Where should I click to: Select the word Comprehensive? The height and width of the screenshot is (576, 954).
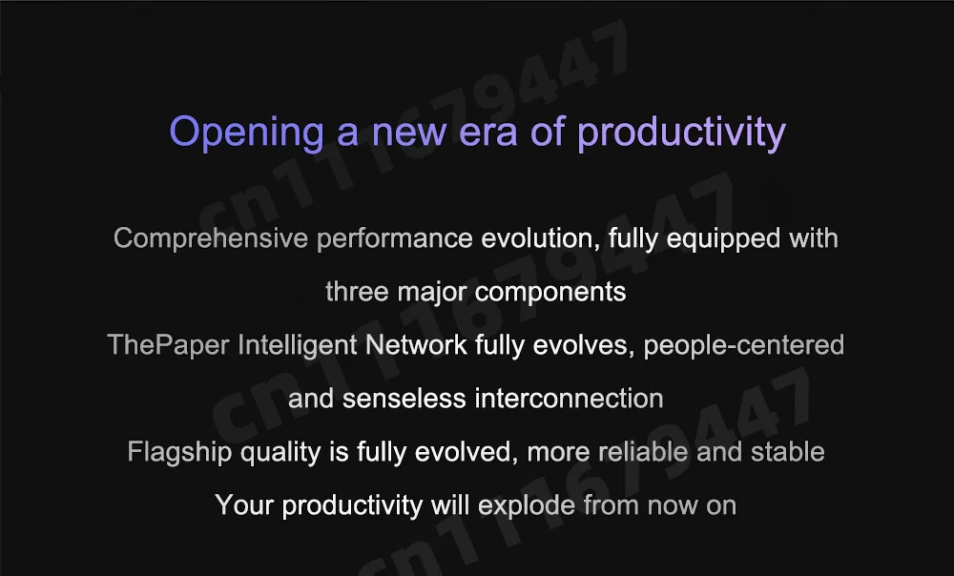[x=211, y=238]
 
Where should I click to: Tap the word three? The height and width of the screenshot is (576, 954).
[x=357, y=292]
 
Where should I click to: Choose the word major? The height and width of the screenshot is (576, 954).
[x=432, y=293]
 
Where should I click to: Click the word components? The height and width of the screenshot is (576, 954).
[x=550, y=293]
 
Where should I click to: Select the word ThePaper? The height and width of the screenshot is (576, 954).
[x=168, y=345]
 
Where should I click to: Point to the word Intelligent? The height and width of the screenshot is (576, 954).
[x=297, y=346]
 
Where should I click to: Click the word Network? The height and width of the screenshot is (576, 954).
[x=416, y=345]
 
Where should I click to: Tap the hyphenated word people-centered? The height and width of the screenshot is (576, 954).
[x=743, y=346]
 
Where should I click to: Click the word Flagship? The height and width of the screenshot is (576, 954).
[x=179, y=453]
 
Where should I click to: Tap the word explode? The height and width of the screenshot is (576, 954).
[x=527, y=506]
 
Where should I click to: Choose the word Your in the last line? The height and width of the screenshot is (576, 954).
[x=244, y=505]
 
